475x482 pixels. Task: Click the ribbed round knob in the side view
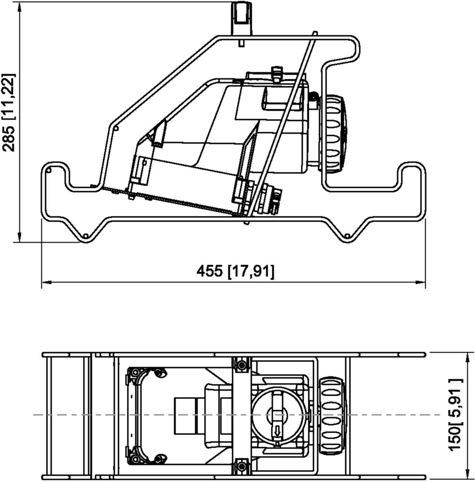click(333, 133)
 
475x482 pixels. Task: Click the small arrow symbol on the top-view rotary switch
click(277, 431)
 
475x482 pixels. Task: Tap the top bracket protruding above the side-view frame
click(241, 18)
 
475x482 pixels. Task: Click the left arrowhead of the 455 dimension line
click(46, 281)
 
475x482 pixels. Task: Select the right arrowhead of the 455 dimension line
click(421, 281)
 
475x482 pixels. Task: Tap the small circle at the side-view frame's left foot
click(86, 236)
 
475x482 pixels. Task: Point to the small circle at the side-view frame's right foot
click(347, 236)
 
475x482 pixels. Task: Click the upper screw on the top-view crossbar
click(242, 364)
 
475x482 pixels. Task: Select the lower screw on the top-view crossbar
click(242, 466)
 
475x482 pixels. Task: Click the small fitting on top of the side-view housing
click(277, 74)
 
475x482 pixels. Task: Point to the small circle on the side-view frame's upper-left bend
click(116, 128)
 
